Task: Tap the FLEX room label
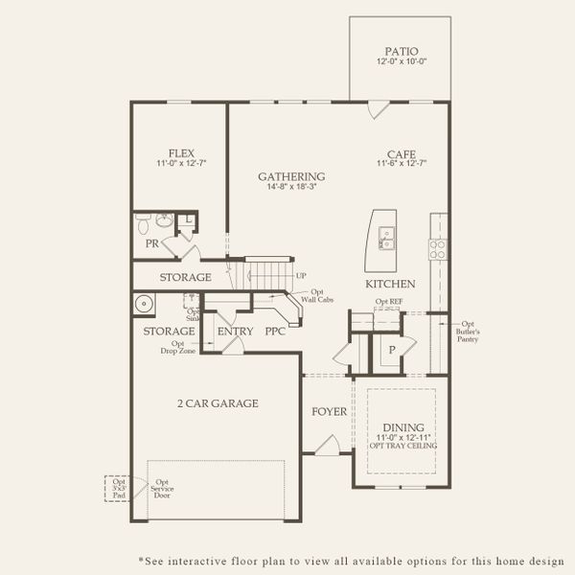(x=182, y=152)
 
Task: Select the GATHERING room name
(x=291, y=176)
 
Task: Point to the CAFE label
(x=401, y=152)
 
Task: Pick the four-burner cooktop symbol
(x=437, y=248)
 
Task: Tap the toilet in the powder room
(x=143, y=225)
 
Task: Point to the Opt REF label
(x=388, y=302)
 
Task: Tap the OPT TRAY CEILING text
(x=402, y=446)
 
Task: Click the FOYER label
(x=328, y=412)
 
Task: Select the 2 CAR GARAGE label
(x=217, y=403)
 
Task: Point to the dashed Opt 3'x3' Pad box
(x=119, y=489)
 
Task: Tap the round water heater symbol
(x=145, y=306)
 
